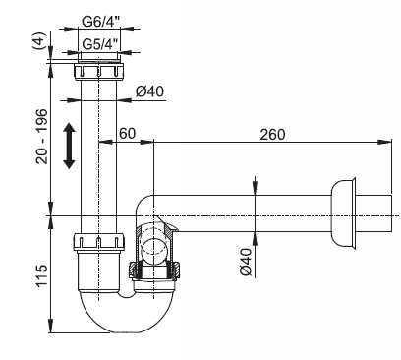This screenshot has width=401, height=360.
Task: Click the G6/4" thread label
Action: tap(100, 22)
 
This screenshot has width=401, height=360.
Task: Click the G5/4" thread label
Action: tap(99, 44)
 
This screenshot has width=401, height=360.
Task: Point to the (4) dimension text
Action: tap(38, 40)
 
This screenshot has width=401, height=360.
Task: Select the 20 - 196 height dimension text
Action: tap(42, 136)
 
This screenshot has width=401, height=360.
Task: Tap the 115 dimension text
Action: tap(42, 275)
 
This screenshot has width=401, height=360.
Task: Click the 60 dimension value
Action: tap(127, 134)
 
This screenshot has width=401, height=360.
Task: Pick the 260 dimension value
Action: tap(272, 135)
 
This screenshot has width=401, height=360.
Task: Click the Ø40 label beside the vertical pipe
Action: tap(149, 91)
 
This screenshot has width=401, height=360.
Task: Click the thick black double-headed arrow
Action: tap(69, 146)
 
